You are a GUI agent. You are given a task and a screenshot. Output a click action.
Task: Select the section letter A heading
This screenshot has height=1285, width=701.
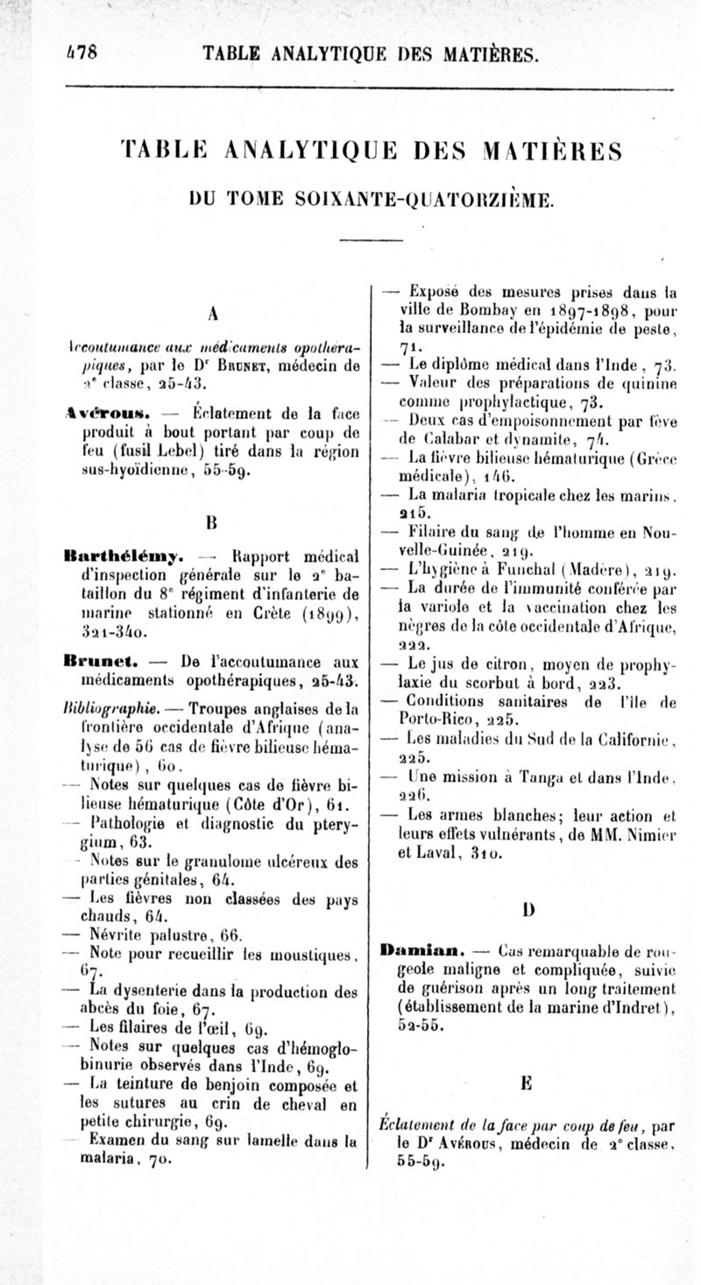213,314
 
